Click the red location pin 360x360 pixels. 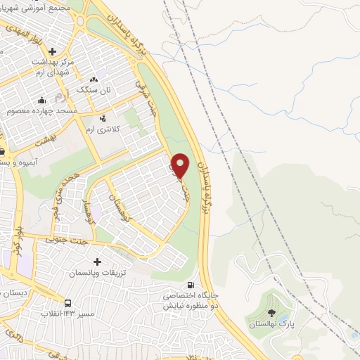click(x=181, y=165)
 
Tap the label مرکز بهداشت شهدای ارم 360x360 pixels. click(x=54, y=67)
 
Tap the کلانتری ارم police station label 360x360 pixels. click(x=103, y=129)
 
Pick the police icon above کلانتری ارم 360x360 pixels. click(x=103, y=117)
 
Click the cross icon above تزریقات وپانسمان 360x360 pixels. click(x=97, y=262)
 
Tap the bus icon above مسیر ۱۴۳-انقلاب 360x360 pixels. click(x=68, y=303)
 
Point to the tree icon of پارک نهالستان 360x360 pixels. click(x=272, y=313)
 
